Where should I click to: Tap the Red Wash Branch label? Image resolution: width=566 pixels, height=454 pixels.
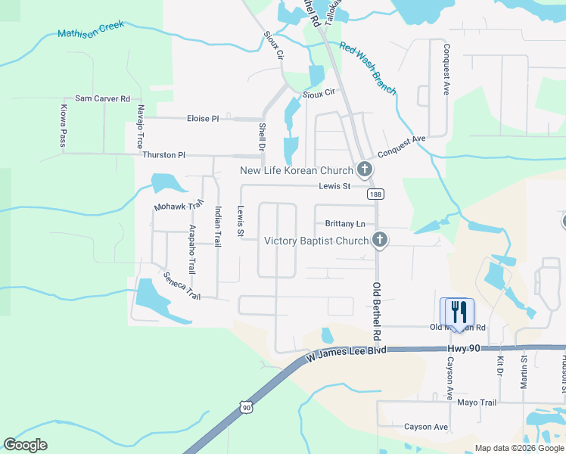[x=368, y=68]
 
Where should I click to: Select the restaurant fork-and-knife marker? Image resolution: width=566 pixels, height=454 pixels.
[x=457, y=313]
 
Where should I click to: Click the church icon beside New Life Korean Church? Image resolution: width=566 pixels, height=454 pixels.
[x=365, y=169]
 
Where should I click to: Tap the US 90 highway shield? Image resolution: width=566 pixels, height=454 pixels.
[x=246, y=408]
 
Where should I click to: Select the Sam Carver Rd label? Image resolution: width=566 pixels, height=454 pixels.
[x=102, y=99]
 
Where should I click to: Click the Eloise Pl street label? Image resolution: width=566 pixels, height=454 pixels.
[x=203, y=119]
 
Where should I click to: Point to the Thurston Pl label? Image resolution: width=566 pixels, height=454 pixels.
[x=163, y=155]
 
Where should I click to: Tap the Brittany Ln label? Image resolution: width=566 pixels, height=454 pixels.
[x=345, y=224]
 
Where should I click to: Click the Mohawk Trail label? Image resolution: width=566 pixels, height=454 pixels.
[x=179, y=206]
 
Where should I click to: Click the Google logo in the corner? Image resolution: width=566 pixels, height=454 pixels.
[x=26, y=445]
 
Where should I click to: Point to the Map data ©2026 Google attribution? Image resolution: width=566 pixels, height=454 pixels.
[x=518, y=448]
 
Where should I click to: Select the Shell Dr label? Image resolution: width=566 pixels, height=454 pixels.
[x=262, y=136]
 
